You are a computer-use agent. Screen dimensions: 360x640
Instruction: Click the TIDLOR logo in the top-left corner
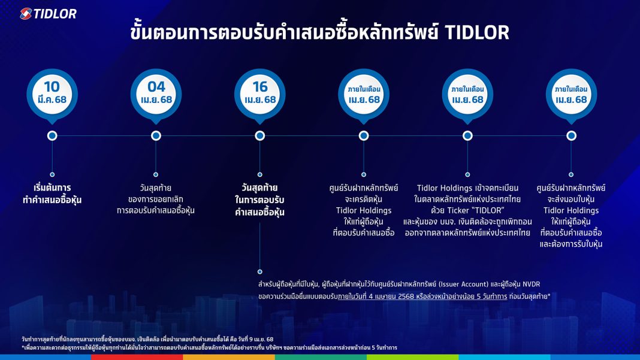pyautogui.click(x=48, y=13)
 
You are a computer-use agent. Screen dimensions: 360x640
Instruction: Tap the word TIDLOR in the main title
pyautogui.click(x=477, y=32)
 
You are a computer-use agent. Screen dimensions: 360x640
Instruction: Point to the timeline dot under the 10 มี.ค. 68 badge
pyautogui.click(x=52, y=136)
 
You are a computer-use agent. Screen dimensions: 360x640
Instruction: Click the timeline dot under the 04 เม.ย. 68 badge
pyautogui.click(x=156, y=136)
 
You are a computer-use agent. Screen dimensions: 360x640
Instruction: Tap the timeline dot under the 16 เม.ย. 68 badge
pyautogui.click(x=260, y=136)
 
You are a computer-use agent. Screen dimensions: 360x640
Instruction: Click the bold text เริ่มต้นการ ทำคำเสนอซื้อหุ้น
pyautogui.click(x=52, y=193)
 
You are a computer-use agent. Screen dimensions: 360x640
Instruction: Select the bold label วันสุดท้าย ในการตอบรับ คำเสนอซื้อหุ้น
pyautogui.click(x=260, y=199)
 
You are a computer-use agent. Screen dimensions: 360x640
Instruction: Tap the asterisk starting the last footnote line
pyautogui.click(x=23, y=347)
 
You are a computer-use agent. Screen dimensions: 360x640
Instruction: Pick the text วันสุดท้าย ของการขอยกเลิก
pyautogui.click(x=156, y=193)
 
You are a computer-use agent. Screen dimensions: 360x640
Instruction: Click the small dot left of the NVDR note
pyautogui.click(x=260, y=271)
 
